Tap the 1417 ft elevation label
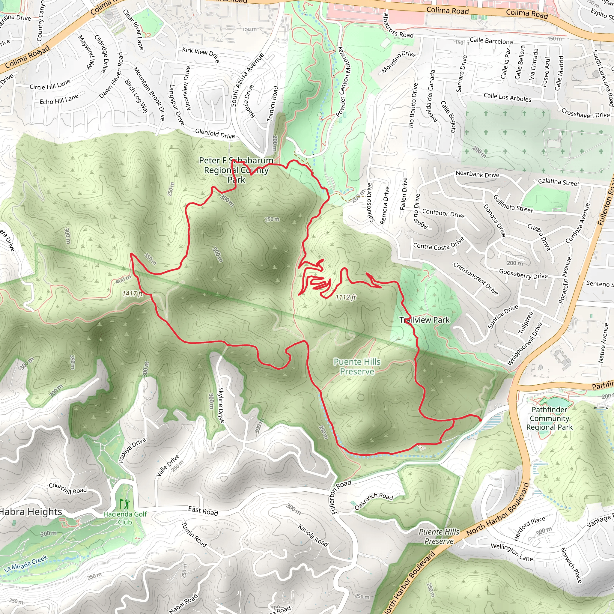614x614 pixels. click(133, 294)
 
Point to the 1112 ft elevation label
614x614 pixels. click(345, 297)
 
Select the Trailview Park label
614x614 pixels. click(425, 320)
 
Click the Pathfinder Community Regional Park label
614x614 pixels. click(549, 418)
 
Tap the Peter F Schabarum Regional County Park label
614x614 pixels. click(236, 170)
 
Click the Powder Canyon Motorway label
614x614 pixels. click(343, 82)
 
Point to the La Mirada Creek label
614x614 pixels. click(26, 563)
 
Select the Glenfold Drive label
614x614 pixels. click(215, 133)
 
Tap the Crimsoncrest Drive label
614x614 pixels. click(475, 279)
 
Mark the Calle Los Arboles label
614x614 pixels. click(507, 97)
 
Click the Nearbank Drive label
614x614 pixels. click(477, 174)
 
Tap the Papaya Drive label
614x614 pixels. click(132, 450)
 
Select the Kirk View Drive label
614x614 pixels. click(201, 54)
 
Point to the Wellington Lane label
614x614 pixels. click(512, 552)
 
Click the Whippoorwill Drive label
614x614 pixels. click(524, 344)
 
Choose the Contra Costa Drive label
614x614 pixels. click(439, 244)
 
